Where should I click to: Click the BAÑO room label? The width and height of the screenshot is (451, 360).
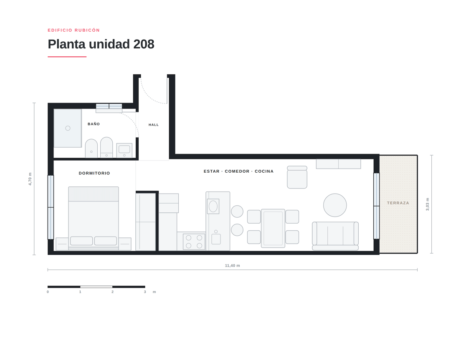[x=94, y=124]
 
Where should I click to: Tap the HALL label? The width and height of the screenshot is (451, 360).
[x=154, y=125]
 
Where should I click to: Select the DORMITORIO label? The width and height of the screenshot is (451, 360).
[x=94, y=173]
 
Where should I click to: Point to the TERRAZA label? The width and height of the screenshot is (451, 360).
[x=398, y=203]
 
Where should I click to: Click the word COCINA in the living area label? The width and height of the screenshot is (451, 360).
[x=264, y=171]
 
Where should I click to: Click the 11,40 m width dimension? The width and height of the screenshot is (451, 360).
[x=233, y=265]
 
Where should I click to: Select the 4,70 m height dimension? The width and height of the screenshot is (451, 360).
[x=30, y=179]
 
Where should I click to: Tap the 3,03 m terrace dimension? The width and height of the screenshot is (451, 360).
[x=427, y=204]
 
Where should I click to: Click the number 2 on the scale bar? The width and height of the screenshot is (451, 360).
[x=112, y=292]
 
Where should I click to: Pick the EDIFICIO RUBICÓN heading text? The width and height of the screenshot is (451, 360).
[x=73, y=30]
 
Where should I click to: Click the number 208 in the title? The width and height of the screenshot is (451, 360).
[x=144, y=44]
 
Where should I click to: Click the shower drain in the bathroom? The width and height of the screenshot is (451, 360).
[x=68, y=128]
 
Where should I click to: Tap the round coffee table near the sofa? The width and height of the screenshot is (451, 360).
[x=335, y=205]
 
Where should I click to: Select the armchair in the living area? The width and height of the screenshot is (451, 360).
[x=297, y=177]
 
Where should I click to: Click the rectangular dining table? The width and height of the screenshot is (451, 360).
[x=273, y=229]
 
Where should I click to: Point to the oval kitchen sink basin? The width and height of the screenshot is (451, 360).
[x=213, y=206]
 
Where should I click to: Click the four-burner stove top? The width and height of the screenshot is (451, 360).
[x=194, y=242]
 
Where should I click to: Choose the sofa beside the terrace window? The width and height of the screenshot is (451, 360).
[x=335, y=236]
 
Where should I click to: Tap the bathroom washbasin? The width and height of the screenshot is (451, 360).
[x=124, y=150]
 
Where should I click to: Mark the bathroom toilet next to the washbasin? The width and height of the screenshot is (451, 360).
[x=106, y=147]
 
